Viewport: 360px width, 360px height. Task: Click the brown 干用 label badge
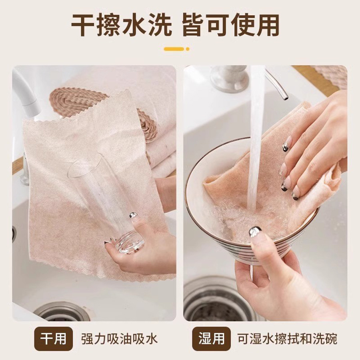click(53, 339)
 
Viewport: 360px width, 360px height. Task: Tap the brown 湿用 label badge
click(211, 339)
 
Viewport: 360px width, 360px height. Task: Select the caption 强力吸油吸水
click(119, 339)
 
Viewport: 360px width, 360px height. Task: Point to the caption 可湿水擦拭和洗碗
click(287, 339)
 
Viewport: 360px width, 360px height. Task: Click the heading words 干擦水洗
click(121, 25)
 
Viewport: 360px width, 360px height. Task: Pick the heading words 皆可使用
click(230, 25)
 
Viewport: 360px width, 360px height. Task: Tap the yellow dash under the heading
click(174, 49)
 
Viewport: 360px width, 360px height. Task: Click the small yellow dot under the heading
click(188, 49)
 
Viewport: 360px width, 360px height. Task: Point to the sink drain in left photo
click(62, 312)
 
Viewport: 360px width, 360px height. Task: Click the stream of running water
click(256, 138)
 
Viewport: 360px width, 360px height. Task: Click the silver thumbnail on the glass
click(133, 215)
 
